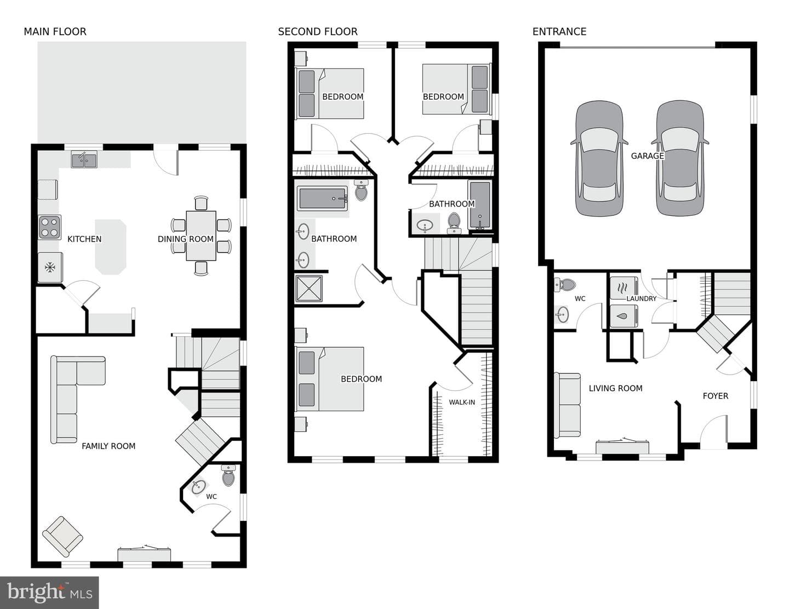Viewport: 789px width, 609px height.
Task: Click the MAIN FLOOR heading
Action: click(x=55, y=32)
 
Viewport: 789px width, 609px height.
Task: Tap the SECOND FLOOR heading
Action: click(x=318, y=32)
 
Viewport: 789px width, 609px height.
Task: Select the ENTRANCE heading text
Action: click(x=559, y=32)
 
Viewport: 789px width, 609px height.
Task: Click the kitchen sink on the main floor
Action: click(x=84, y=159)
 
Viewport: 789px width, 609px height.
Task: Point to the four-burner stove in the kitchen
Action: click(x=50, y=227)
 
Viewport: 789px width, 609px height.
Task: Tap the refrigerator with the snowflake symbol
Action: click(x=50, y=267)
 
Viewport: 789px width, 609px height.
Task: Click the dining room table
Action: click(x=201, y=236)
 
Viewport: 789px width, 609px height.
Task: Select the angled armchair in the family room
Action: click(x=62, y=536)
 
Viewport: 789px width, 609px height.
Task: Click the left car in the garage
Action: click(x=599, y=159)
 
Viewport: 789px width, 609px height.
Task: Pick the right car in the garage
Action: click(x=680, y=159)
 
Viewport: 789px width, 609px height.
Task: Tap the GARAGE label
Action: click(x=648, y=156)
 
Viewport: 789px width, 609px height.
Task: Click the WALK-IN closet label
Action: click(x=462, y=402)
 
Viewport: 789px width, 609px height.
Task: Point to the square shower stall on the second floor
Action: click(x=309, y=289)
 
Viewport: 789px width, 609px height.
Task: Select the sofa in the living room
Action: click(x=567, y=405)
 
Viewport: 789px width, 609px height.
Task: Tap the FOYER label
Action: click(x=715, y=396)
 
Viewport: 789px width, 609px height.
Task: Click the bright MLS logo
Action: click(x=49, y=593)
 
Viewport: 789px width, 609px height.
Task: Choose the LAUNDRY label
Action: click(x=641, y=298)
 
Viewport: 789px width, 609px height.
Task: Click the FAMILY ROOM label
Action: click(x=108, y=446)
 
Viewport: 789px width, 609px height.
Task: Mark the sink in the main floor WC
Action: click(x=198, y=487)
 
